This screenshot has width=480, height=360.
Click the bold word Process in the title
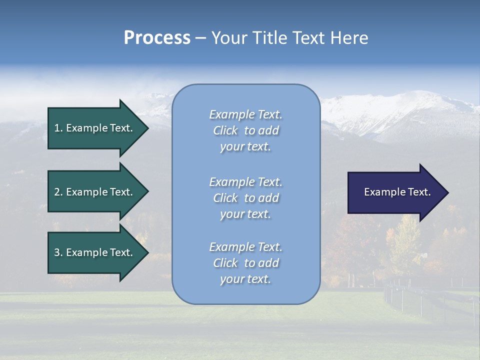pyautogui.click(x=157, y=38)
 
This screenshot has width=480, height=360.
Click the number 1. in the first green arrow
pyautogui.click(x=58, y=128)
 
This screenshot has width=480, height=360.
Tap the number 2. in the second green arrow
pyautogui.click(x=58, y=192)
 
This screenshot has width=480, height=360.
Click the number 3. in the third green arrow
pyautogui.click(x=58, y=252)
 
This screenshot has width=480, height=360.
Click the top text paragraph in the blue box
pyautogui.click(x=245, y=130)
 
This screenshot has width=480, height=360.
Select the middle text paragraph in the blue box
pyautogui.click(x=245, y=198)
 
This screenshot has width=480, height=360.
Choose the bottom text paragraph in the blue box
pyautogui.click(x=245, y=263)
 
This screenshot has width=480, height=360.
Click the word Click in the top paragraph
pyautogui.click(x=225, y=130)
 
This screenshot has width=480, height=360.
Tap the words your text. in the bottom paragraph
pyautogui.click(x=245, y=279)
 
